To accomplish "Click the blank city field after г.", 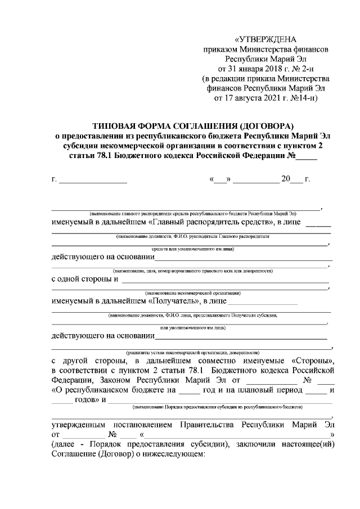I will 93,179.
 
